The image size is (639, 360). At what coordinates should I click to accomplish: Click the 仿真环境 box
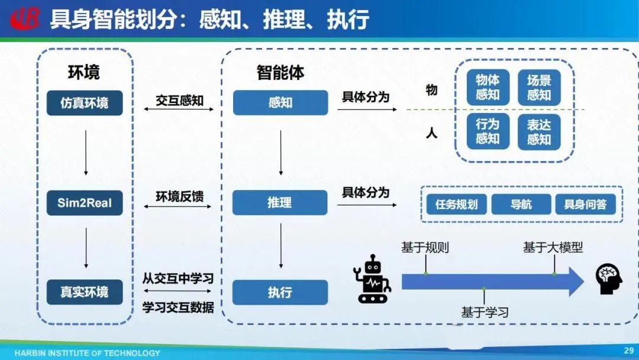click(x=85, y=103)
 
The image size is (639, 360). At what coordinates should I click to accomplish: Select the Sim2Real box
click(x=85, y=203)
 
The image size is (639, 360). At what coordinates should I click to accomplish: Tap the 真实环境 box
click(x=85, y=292)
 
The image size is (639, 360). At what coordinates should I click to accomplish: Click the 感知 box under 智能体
click(x=280, y=102)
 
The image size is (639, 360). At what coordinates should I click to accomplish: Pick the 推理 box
click(x=280, y=202)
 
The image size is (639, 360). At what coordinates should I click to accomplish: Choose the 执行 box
click(x=280, y=292)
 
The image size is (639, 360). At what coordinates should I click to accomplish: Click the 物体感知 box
click(x=488, y=87)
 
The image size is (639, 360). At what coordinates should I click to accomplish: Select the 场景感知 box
click(x=539, y=87)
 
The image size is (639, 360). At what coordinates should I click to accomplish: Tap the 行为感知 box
click(x=488, y=131)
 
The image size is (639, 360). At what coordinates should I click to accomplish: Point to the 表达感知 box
click(x=539, y=131)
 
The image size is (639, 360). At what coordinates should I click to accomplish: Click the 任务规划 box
click(x=456, y=204)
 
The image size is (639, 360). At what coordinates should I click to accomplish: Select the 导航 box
click(x=521, y=204)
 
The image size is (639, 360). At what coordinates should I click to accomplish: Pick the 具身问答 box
click(x=585, y=204)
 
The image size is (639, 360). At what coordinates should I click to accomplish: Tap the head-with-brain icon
click(x=609, y=279)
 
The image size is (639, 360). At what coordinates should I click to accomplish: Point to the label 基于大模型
click(x=553, y=247)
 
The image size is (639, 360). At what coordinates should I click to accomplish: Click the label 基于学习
click(x=485, y=312)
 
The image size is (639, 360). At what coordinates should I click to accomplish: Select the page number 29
click(x=628, y=351)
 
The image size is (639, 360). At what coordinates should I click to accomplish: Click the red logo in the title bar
click(x=25, y=19)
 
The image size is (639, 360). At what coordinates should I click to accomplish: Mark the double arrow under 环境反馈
click(x=178, y=207)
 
